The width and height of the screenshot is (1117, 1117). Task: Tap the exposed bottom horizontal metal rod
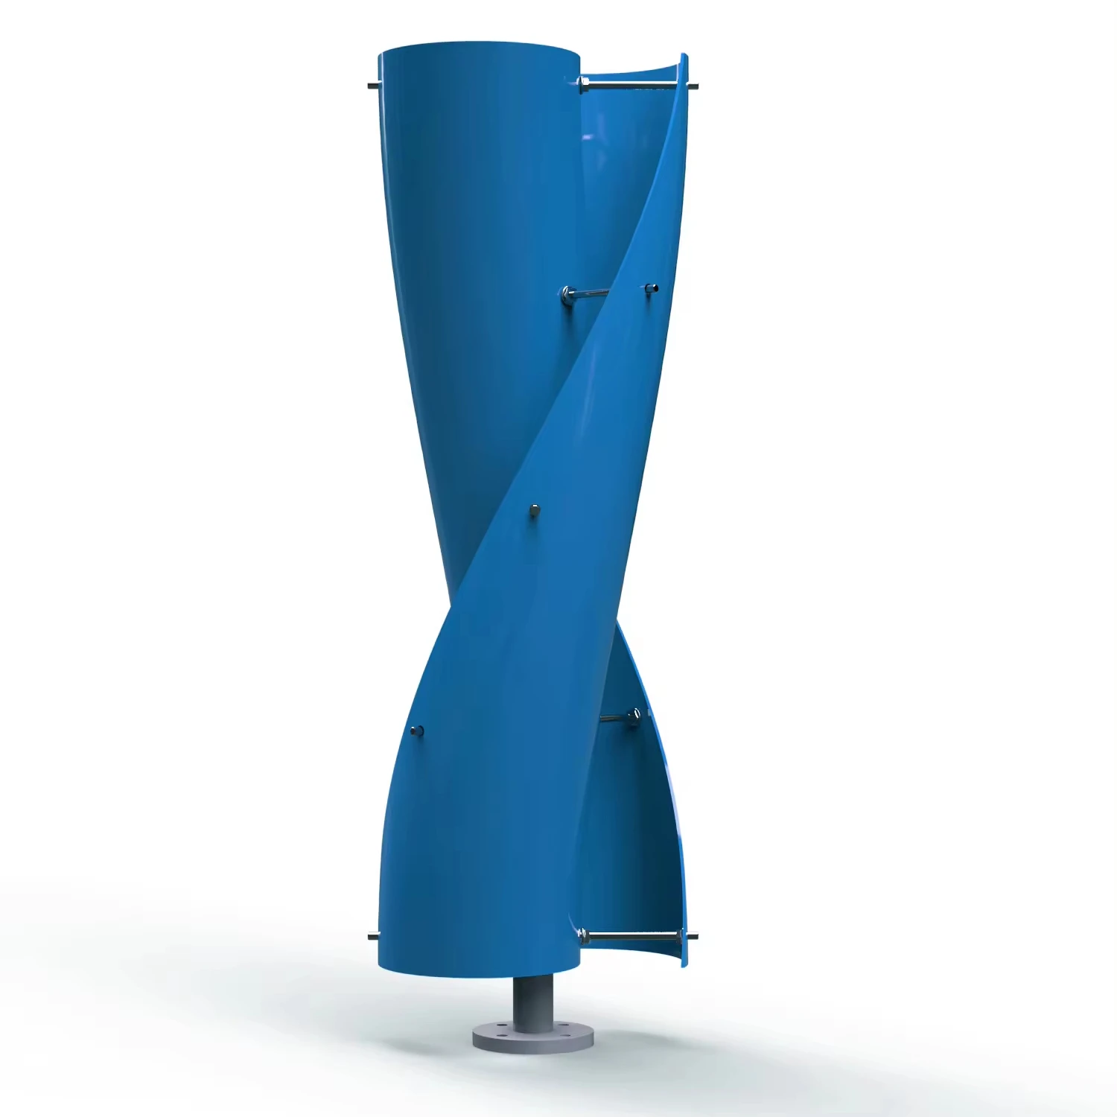(629, 935)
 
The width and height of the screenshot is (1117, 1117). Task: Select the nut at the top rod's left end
(583, 84)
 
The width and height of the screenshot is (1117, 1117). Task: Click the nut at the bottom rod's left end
(582, 933)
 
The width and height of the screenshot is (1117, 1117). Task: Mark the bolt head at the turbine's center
(533, 511)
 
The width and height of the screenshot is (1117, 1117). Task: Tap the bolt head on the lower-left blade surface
(417, 731)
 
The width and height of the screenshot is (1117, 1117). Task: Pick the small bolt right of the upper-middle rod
(652, 287)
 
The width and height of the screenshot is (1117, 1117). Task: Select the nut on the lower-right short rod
(634, 716)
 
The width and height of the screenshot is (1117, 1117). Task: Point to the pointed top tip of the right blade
(684, 55)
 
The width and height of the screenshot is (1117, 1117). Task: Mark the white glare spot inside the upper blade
(588, 137)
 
